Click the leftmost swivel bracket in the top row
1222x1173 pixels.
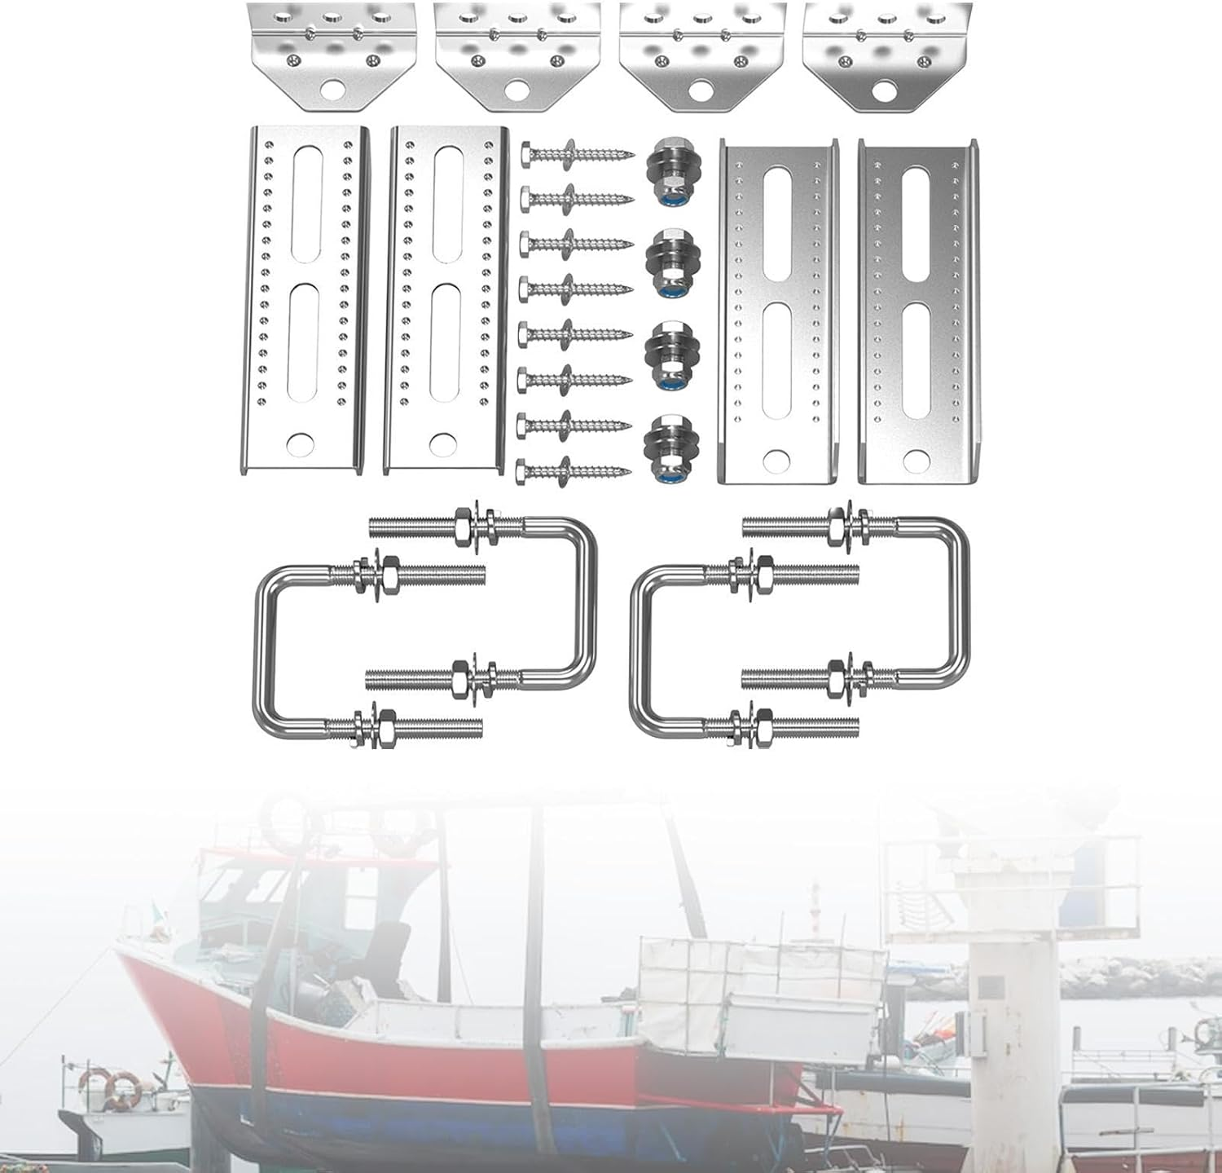point(332,52)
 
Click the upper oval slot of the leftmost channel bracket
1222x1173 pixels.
point(305,204)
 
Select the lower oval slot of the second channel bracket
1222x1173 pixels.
point(447,342)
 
